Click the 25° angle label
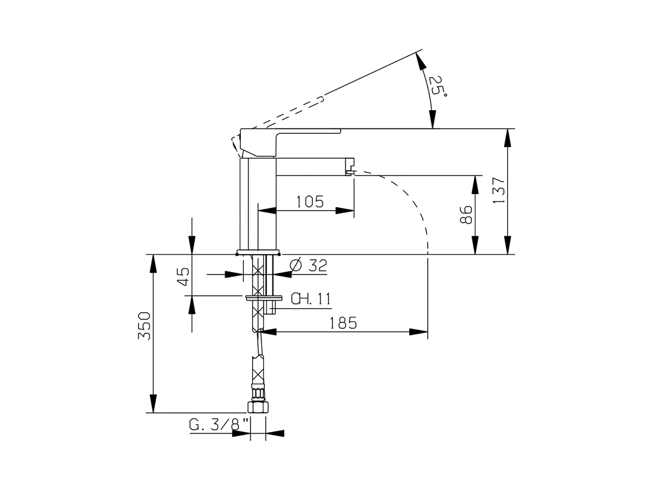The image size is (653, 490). point(438,86)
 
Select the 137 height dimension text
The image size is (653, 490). point(499,190)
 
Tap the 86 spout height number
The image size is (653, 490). point(466,214)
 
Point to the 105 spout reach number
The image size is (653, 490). point(310,202)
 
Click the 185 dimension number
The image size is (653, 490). point(343,323)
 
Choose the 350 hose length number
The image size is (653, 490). point(144,326)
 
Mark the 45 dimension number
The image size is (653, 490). point(183,276)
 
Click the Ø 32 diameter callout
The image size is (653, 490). point(309,265)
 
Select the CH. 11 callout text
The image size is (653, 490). point(311,299)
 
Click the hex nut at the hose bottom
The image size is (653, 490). point(258,407)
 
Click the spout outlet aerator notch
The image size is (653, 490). point(350,171)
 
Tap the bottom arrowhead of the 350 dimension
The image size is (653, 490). point(153,404)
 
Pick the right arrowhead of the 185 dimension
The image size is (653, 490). point(418,332)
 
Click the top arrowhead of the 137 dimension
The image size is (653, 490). point(508,138)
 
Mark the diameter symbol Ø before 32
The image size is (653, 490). point(296,265)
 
